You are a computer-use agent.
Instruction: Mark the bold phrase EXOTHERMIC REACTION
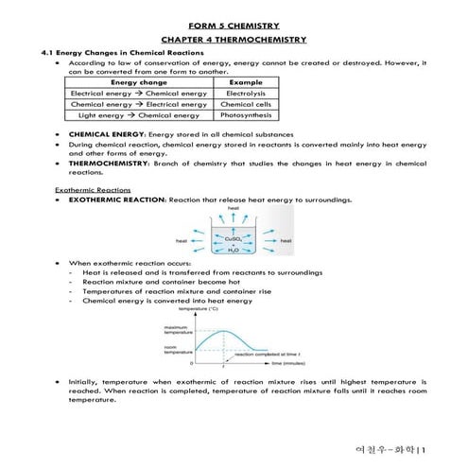pyautogui.click(x=117, y=200)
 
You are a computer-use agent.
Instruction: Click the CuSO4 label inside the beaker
pyautogui.click(x=233, y=239)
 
